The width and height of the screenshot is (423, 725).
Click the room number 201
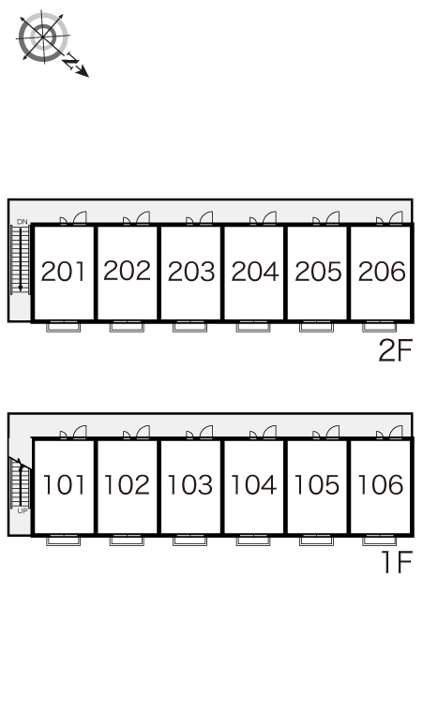point(63,272)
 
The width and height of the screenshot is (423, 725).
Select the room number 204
point(255,272)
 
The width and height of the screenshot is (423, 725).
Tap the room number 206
point(382,272)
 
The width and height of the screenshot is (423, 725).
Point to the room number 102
point(127,484)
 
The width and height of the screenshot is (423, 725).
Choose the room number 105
point(317,484)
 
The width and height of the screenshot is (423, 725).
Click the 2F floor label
point(395,350)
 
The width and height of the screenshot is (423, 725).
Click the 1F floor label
point(397,563)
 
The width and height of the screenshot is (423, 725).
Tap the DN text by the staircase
point(23,222)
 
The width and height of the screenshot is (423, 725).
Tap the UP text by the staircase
point(23,510)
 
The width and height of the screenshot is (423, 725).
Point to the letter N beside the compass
point(71,62)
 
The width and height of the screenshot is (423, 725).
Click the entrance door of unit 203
point(200,217)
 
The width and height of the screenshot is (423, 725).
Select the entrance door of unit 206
point(389,217)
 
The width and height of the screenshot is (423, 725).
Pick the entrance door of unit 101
point(73,433)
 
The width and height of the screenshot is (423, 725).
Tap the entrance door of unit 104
point(264,433)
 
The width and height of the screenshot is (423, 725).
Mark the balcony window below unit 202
point(127,326)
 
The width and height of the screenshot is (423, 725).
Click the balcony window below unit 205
point(317,326)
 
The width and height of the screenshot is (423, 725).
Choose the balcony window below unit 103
point(189,540)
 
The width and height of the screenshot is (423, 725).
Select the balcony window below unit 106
point(380,540)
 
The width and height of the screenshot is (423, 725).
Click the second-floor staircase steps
point(21,259)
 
